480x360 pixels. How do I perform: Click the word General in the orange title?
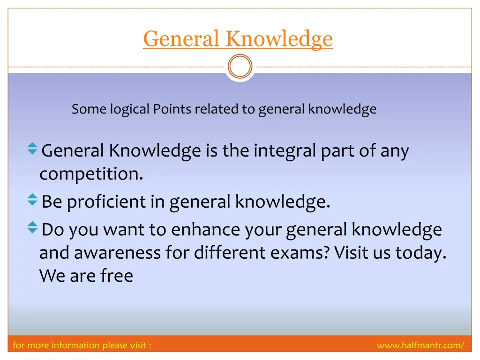[x=181, y=38]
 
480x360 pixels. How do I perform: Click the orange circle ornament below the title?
[x=240, y=67]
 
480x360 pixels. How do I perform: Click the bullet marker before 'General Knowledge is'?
[x=32, y=149]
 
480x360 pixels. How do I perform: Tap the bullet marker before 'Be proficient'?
[x=32, y=200]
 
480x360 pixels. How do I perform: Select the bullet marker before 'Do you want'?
[x=32, y=227]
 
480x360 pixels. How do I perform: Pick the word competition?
[x=91, y=174]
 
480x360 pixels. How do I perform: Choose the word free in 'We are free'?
[x=117, y=276]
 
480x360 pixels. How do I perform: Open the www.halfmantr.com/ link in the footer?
[x=420, y=345]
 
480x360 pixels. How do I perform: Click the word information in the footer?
[x=75, y=345]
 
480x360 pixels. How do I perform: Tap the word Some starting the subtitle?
[x=89, y=109]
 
